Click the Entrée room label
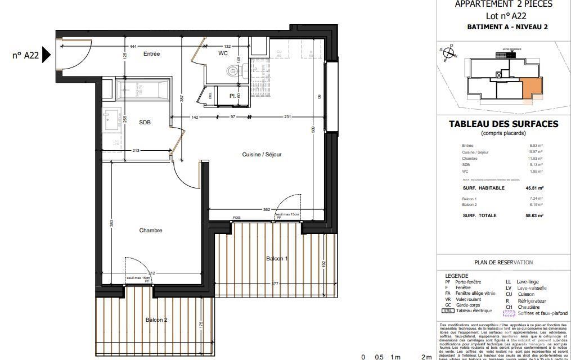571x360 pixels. tap(151, 54)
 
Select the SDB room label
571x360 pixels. tap(145, 122)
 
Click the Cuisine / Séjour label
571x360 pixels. tap(262, 155)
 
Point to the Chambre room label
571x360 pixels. tap(151, 231)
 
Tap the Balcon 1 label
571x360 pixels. tap(277, 258)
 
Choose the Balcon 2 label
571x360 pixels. tap(156, 320)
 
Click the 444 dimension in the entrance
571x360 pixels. tap(133, 46)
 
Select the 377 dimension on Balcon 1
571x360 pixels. tap(275, 285)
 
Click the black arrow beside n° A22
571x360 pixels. tap(47, 55)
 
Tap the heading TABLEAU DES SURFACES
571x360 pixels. tap(503, 124)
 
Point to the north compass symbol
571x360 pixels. tap(449, 53)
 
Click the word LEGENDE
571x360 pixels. tap(456, 276)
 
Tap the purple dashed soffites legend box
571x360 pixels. tap(509, 314)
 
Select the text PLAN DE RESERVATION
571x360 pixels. tap(503, 262)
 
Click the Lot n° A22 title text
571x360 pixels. tap(503, 16)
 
